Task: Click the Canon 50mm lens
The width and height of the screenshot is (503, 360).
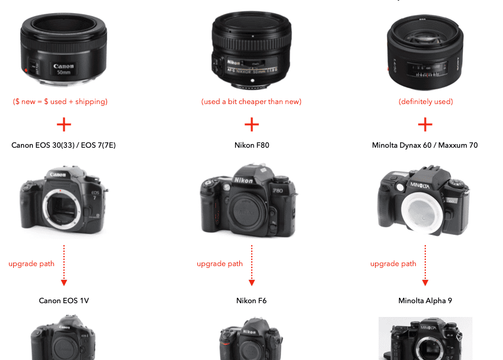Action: point(63,49)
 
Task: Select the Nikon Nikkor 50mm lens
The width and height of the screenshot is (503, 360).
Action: point(251,50)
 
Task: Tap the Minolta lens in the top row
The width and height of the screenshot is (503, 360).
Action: point(425,52)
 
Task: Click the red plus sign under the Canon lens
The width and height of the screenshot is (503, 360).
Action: point(64,124)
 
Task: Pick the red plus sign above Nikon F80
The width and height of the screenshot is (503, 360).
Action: point(251,124)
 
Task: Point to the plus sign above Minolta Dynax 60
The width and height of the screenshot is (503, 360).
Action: point(425,124)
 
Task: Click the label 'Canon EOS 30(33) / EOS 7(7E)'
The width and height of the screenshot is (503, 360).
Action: point(63,145)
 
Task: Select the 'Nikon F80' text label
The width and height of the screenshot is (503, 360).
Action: point(252,145)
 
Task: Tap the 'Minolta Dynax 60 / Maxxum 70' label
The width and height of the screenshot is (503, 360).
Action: point(425,145)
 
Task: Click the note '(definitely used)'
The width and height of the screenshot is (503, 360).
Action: point(426,102)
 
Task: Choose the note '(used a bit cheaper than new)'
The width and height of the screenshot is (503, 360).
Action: point(251,102)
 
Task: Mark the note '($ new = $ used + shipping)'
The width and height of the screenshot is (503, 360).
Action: point(60,102)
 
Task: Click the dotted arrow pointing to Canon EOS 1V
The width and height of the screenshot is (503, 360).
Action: point(64,266)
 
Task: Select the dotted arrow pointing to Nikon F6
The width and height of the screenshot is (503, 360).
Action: point(252,266)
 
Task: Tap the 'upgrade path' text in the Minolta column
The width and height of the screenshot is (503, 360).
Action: point(393,264)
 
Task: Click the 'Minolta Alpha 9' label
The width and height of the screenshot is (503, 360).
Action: point(425,301)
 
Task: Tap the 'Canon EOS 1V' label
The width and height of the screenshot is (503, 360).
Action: point(64,301)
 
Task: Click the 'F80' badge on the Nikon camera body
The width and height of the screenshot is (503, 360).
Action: point(278,191)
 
